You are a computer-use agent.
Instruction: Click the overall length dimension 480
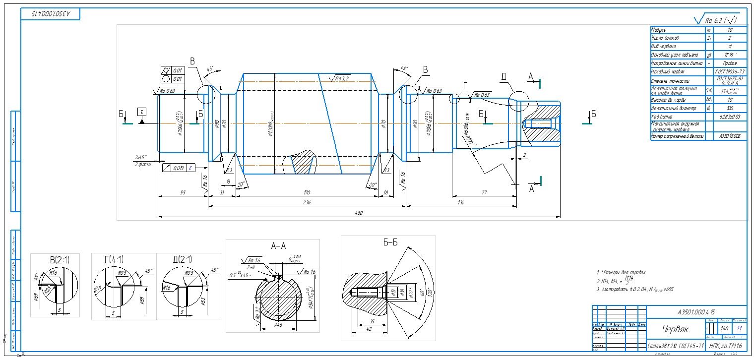[x=359, y=213]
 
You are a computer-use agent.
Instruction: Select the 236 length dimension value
[x=307, y=202]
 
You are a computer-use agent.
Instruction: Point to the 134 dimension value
[x=461, y=202]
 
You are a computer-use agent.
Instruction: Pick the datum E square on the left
[x=142, y=111]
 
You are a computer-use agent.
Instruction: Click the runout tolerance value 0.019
[x=179, y=168]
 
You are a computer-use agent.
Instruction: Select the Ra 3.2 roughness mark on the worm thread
[x=341, y=78]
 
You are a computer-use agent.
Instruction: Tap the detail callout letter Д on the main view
[x=504, y=77]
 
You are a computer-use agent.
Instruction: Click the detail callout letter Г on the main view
[x=465, y=86]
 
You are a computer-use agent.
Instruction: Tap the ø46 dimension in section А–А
[x=279, y=325]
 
